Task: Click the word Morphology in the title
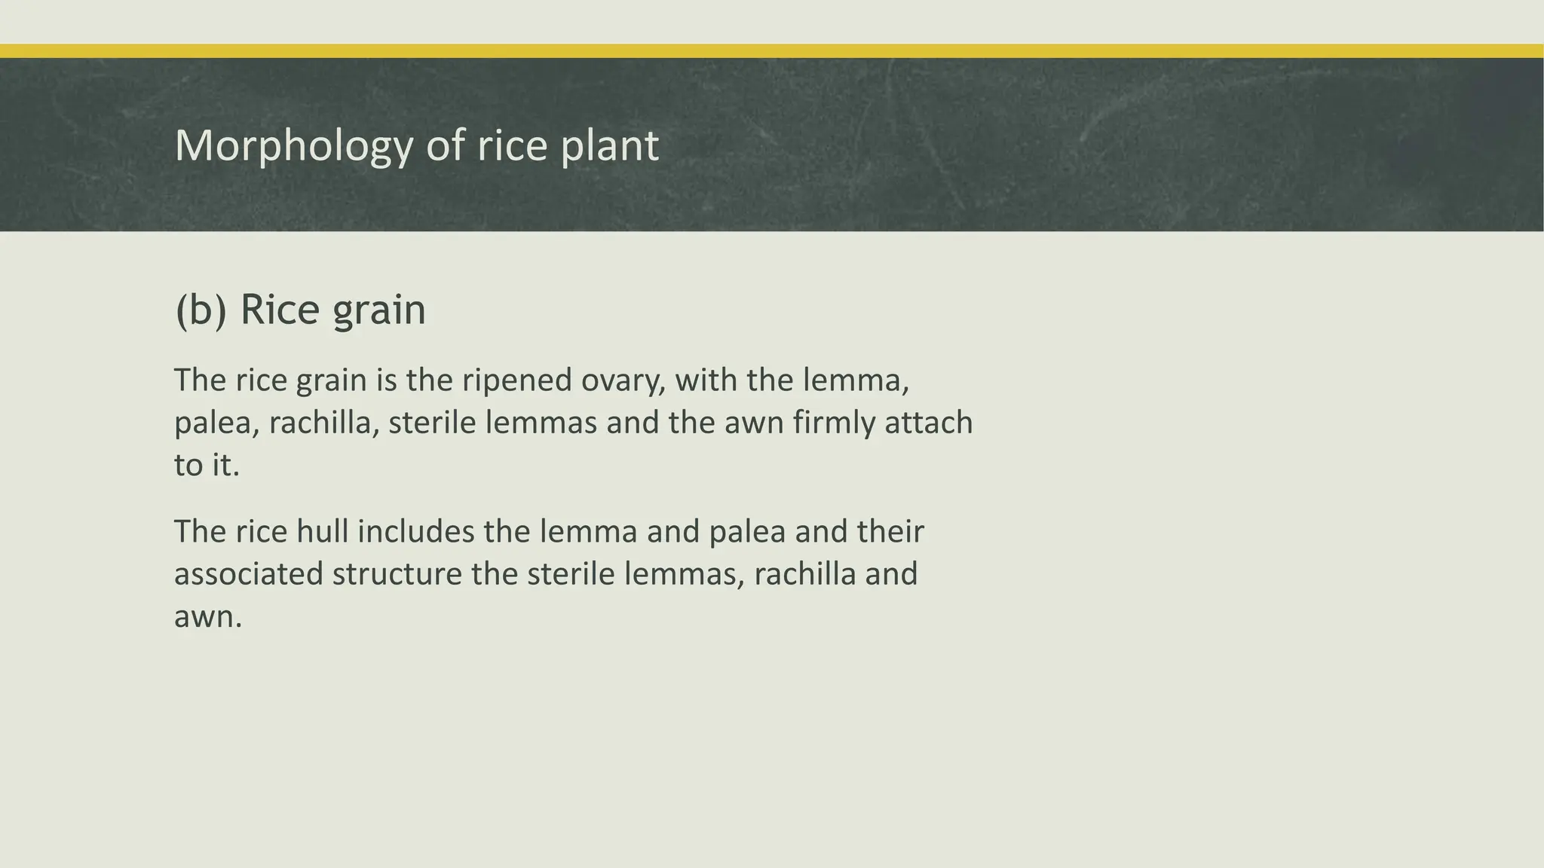[x=294, y=145]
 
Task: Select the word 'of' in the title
[x=446, y=145]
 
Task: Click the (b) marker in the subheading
[x=200, y=310]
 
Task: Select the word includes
[x=415, y=531]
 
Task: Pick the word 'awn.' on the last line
[x=208, y=617]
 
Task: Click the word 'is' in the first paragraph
[x=386, y=381]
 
